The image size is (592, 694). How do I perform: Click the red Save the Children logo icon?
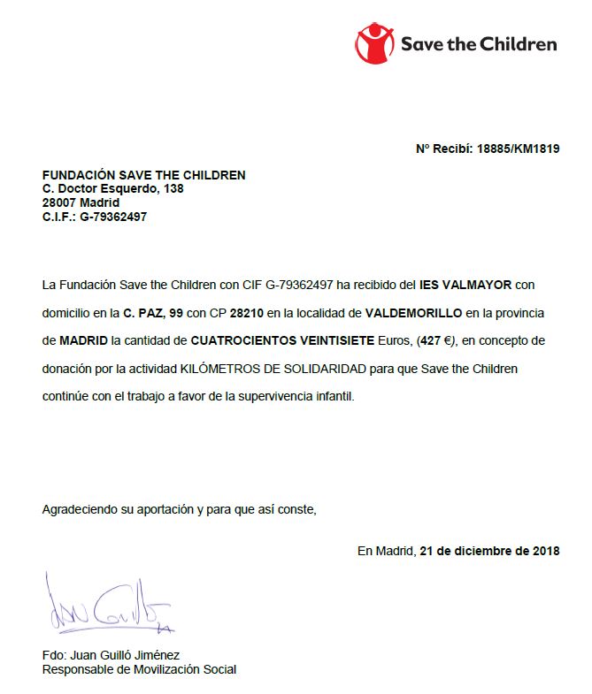click(375, 42)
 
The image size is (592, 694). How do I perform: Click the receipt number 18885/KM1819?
click(519, 149)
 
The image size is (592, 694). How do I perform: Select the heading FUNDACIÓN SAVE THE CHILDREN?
click(143, 175)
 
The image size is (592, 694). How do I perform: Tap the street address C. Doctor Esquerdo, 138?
click(113, 188)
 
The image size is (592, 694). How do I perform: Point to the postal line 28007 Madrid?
click(81, 202)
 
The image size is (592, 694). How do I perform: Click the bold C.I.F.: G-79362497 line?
click(95, 217)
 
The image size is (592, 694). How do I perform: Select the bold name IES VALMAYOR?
click(465, 285)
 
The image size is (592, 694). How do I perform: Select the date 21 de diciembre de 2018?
click(489, 551)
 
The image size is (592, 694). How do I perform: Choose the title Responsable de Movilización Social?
click(139, 669)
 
